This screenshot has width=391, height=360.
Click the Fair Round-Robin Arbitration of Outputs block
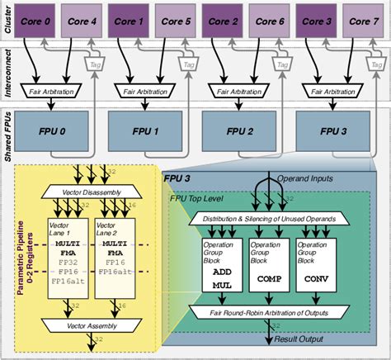click(x=269, y=312)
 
